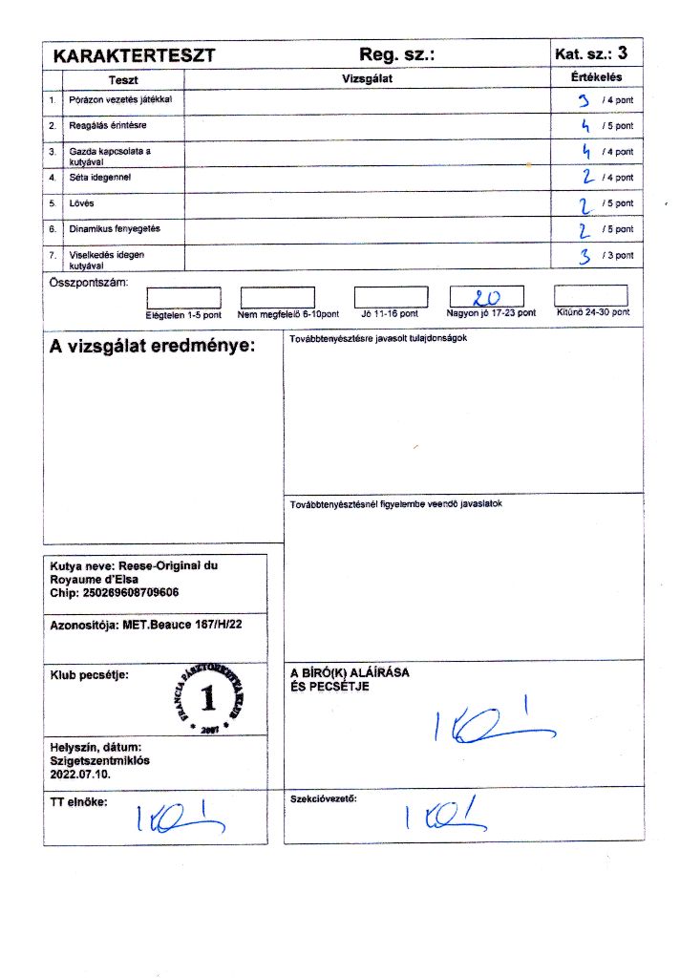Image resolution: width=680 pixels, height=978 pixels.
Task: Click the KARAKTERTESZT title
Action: [134, 56]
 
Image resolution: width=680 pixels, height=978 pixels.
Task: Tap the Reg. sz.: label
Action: [397, 55]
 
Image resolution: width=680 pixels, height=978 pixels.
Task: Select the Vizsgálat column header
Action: [368, 79]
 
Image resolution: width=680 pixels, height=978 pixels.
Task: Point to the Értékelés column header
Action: [597, 78]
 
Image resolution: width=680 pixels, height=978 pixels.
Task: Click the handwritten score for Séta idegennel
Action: [588, 177]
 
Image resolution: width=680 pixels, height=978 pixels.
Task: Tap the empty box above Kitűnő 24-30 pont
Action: [590, 296]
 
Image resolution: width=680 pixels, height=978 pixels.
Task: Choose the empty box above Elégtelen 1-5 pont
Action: [183, 298]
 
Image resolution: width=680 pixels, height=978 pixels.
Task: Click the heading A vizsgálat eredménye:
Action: [153, 346]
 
